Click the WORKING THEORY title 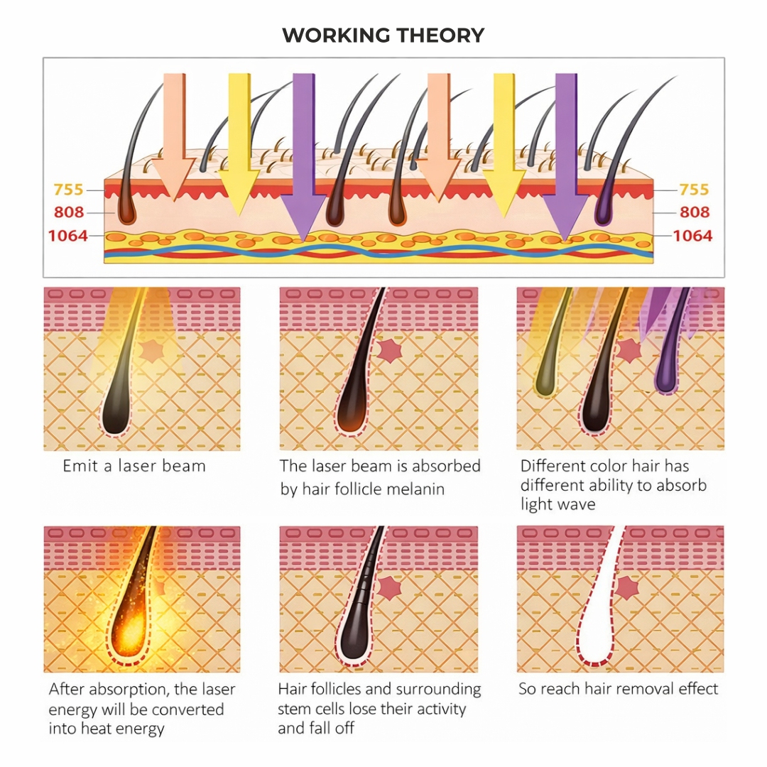[383, 36]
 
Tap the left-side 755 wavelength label [68, 190]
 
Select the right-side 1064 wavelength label [692, 235]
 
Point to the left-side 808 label [69, 212]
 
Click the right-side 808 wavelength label [694, 212]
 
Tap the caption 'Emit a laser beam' [134, 467]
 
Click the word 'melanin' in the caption [415, 489]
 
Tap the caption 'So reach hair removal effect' [618, 689]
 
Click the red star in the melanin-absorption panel [388, 351]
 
